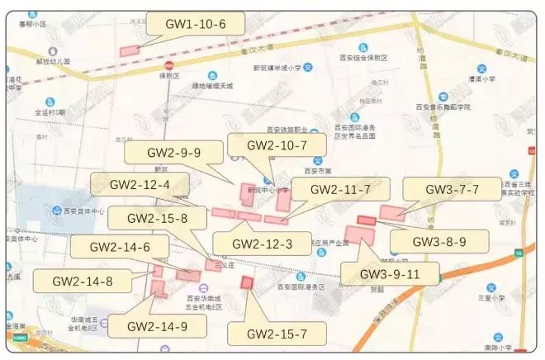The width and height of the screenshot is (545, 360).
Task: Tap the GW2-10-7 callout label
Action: (267, 145)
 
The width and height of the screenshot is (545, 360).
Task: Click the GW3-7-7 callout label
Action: (452, 189)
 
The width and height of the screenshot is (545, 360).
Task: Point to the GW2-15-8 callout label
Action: (157, 219)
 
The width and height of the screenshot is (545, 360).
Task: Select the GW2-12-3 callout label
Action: (262, 244)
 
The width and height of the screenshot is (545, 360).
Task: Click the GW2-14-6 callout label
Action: (120, 247)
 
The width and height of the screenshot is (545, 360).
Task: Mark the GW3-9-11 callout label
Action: (390, 274)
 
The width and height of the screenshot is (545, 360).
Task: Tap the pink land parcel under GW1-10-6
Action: (130, 51)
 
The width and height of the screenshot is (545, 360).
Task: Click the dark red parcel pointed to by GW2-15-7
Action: (246, 282)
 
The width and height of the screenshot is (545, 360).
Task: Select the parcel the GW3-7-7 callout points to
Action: (391, 213)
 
